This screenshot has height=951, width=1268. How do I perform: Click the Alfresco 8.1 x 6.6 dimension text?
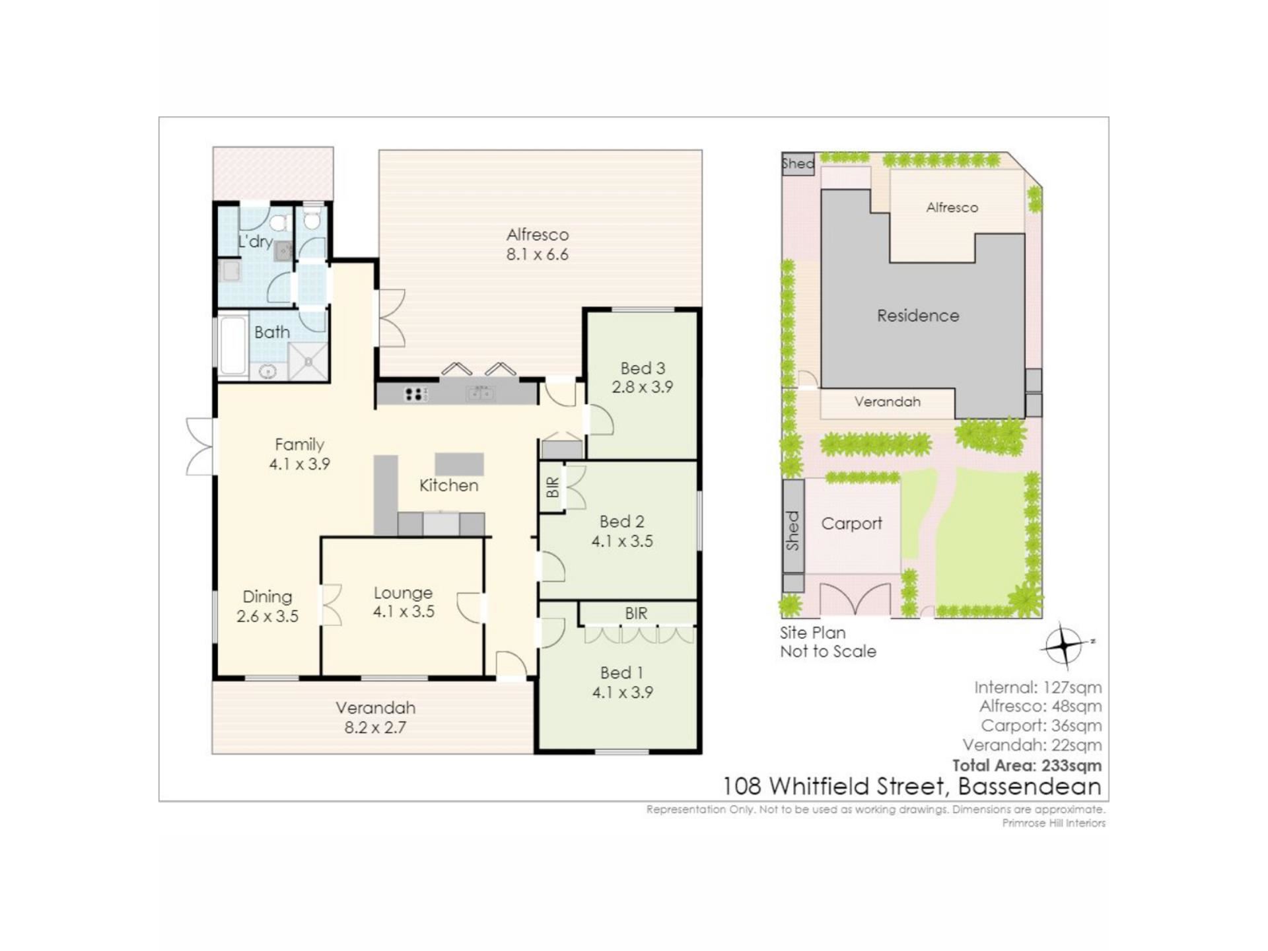(538, 254)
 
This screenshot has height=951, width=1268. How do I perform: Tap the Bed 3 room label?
(643, 368)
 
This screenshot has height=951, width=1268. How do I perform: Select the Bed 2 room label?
(622, 521)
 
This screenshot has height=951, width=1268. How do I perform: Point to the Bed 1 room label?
(622, 672)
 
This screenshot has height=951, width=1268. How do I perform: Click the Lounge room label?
(403, 593)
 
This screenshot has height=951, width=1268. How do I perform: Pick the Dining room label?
(267, 597)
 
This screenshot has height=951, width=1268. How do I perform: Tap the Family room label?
(300, 444)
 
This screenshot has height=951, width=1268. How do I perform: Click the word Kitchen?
(449, 485)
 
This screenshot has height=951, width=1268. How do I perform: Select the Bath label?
(272, 332)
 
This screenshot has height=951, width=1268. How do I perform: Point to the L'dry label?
(256, 242)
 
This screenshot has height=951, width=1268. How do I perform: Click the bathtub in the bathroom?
(233, 346)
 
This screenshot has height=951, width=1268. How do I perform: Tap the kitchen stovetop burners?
(416, 394)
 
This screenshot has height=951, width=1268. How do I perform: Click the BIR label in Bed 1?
(637, 614)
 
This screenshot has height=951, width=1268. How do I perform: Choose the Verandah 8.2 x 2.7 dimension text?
(375, 728)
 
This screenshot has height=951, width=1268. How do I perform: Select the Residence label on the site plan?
(918, 316)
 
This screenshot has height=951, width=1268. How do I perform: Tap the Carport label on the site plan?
(852, 524)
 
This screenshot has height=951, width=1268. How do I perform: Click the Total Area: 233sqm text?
(1027, 765)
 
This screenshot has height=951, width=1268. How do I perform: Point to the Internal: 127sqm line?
(1038, 687)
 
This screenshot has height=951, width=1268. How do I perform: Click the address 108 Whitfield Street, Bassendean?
(912, 787)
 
